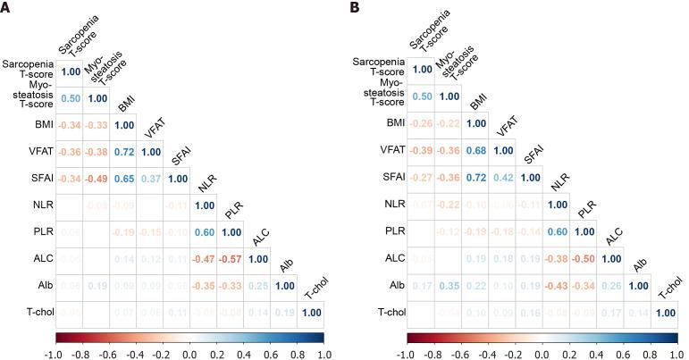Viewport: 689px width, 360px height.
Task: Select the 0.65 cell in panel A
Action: click(124, 179)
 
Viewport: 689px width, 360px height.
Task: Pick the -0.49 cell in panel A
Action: click(96, 179)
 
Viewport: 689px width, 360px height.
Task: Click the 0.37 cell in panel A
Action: click(152, 179)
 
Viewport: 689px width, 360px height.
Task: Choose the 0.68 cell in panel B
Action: click(475, 151)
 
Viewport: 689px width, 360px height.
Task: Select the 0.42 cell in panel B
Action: click(503, 179)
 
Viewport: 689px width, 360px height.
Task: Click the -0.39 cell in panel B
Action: click(420, 151)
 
